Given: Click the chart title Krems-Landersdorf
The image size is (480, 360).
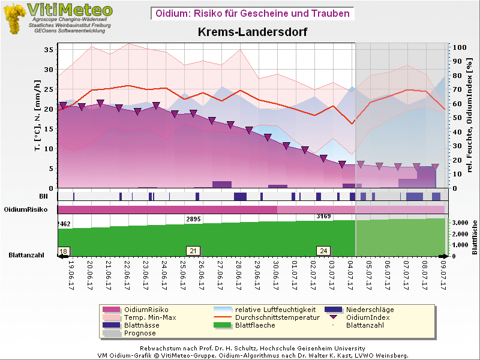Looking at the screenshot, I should point(253,32).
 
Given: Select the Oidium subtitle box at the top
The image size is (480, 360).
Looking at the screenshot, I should point(252,13).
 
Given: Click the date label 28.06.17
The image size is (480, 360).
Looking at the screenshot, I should point(239,275).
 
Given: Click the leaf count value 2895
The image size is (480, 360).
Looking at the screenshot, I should point(193,220).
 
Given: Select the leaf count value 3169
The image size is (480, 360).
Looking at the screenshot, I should point(323,216).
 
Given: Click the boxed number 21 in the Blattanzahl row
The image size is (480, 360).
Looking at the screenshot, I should point(193,251).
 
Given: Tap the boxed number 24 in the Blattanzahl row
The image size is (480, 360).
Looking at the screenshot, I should point(323,251).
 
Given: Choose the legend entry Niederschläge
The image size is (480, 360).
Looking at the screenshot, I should point(370,310).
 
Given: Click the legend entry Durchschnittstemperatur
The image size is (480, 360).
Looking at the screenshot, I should point(277,317).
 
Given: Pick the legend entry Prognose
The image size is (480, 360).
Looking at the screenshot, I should point(140,333).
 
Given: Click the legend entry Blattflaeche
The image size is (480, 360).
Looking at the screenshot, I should point(255,325).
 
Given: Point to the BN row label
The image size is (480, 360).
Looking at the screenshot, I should point(43,196).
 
